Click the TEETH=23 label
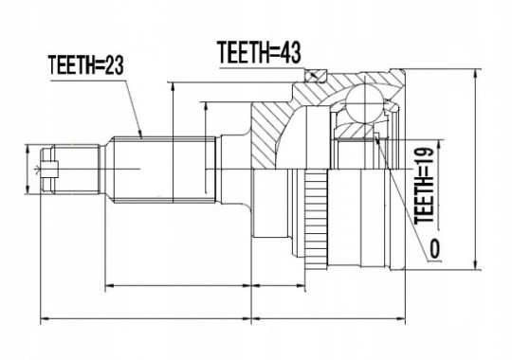click(x=86, y=66)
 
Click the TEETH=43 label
click(x=259, y=52)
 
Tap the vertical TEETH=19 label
click(x=424, y=186)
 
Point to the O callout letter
click(x=434, y=249)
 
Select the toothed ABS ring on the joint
click(x=316, y=220)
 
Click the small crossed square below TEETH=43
click(x=317, y=76)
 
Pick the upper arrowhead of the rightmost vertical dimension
click(x=475, y=74)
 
